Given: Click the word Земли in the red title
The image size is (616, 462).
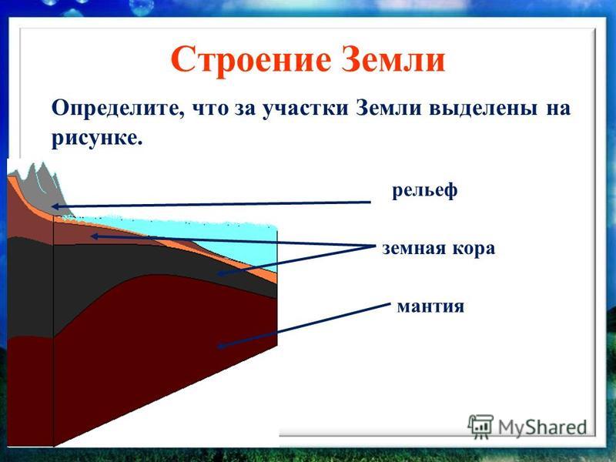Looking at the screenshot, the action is [393, 59].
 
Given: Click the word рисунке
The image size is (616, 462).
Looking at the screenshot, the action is [96, 139].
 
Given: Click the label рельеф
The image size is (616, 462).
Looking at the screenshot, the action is [425, 191].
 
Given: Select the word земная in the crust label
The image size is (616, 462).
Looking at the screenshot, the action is [413, 249].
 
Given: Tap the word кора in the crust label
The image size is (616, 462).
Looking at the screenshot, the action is [474, 249].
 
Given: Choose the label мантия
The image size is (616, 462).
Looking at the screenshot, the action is [430, 306].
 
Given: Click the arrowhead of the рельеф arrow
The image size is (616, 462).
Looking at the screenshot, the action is [55, 206].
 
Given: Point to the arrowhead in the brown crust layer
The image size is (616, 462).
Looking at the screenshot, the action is [95, 236].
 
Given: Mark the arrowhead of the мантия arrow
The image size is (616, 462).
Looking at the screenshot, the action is [221, 346].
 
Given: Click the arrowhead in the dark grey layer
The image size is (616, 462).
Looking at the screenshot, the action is [222, 273].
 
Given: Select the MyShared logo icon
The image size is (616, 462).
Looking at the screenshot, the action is [480, 427].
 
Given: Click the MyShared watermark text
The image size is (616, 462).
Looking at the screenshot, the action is [543, 427].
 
